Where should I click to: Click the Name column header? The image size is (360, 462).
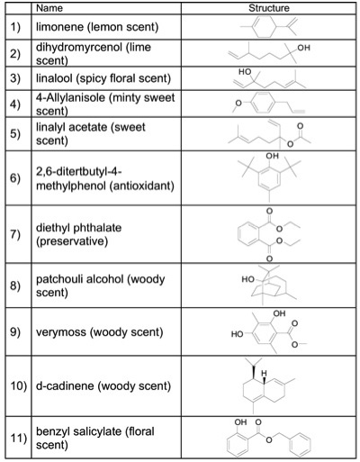pyautogui.click(x=49, y=8)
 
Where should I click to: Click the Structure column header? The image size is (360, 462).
pyautogui.click(x=269, y=8)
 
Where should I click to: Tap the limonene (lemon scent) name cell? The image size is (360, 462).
pyautogui.click(x=106, y=27)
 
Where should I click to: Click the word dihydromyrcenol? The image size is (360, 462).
pyautogui.click(x=79, y=48)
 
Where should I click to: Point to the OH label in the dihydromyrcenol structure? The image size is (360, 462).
pyautogui.click(x=303, y=48)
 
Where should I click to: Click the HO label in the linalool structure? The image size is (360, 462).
pyautogui.click(x=245, y=72)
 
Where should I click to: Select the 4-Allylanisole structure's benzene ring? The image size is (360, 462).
pyautogui.click(x=263, y=103)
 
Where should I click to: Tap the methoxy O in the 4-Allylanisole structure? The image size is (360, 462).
pyautogui.click(x=238, y=104)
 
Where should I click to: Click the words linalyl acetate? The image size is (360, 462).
pyautogui.click(x=72, y=127)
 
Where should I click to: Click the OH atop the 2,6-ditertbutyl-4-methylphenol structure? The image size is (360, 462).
pyautogui.click(x=272, y=156)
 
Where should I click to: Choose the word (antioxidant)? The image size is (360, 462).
pyautogui.click(x=141, y=186)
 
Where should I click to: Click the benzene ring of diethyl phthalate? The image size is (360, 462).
pyautogui.click(x=250, y=234)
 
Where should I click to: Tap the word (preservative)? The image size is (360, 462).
pyautogui.click(x=72, y=241)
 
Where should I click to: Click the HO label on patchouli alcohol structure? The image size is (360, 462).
pyautogui.click(x=248, y=279)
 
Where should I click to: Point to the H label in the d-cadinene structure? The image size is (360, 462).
pyautogui.click(x=264, y=374)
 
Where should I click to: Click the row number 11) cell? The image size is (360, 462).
pyautogui.click(x=18, y=438)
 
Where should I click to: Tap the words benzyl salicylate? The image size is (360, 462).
pyautogui.click(x=79, y=431)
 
